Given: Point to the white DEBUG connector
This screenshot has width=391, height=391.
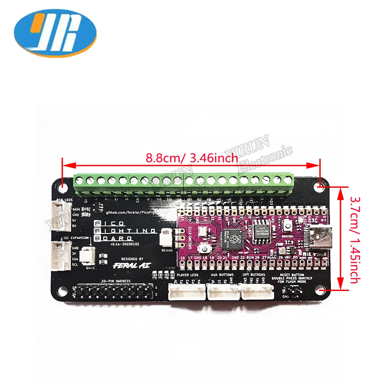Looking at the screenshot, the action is [x=165, y=236].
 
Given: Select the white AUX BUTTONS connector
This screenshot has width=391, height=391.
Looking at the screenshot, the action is [x=222, y=291].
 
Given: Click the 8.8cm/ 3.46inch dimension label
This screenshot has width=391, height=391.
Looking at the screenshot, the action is [x=192, y=158].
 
